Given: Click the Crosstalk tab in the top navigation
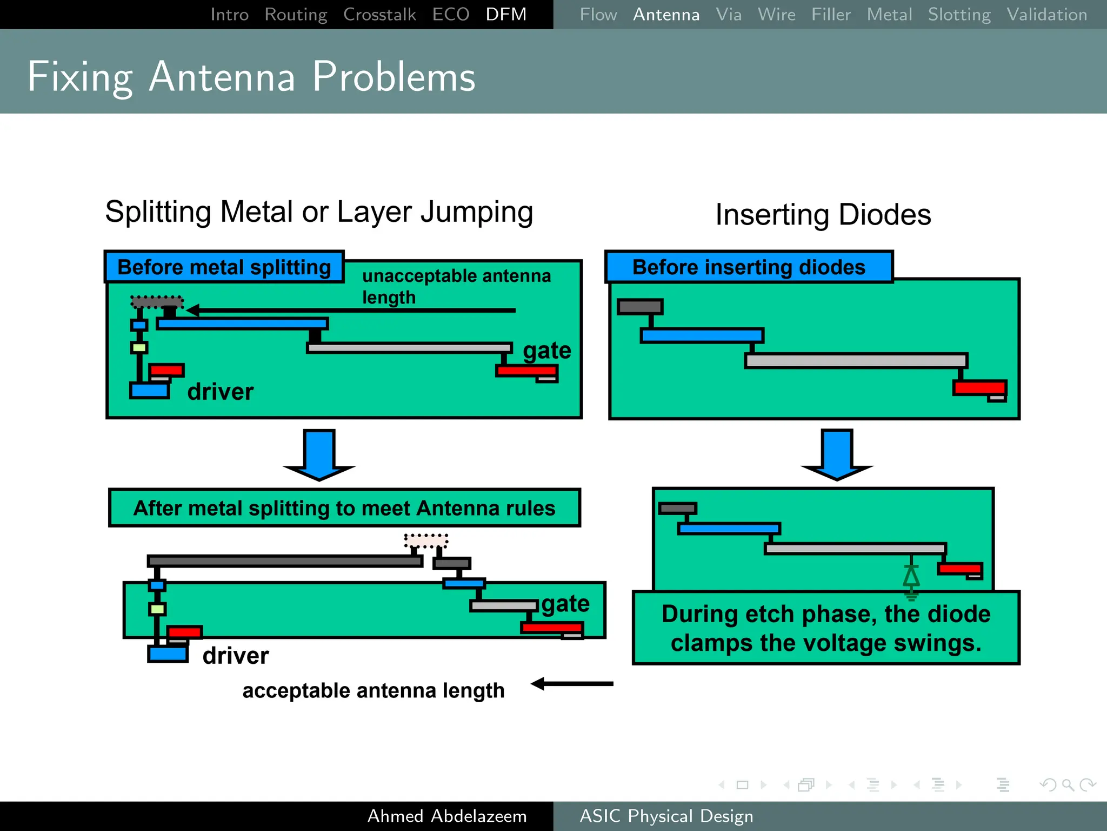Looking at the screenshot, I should (379, 14).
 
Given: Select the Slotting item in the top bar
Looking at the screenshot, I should (959, 14).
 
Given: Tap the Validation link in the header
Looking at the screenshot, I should (1046, 14).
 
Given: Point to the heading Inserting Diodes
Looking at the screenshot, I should (823, 215).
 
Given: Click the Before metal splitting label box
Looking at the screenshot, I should (224, 267).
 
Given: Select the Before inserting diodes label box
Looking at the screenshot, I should (749, 267).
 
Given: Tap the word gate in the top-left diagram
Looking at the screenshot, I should (546, 351).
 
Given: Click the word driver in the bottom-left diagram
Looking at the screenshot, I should (235, 656).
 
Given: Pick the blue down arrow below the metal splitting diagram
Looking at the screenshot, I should (319, 455).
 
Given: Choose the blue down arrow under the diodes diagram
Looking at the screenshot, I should (837, 455).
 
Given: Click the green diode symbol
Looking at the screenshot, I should (911, 578).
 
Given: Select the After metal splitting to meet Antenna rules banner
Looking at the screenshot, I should (344, 508).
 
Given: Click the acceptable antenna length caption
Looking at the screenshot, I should (373, 690).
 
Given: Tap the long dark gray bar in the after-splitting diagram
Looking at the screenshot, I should (285, 561).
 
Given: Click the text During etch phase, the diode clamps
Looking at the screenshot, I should (825, 628).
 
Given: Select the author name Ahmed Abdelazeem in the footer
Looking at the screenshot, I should (446, 816).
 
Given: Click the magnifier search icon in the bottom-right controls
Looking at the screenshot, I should (1067, 784).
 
